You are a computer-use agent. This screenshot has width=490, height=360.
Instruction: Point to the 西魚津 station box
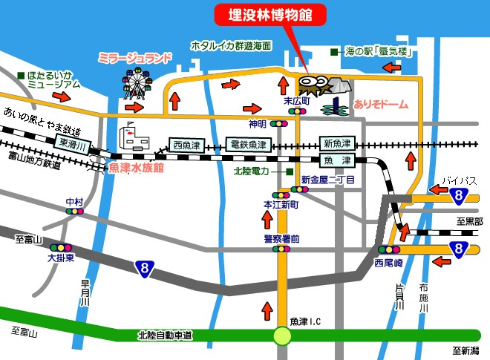click(x=187, y=144)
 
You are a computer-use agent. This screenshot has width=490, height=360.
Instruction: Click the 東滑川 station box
click(x=73, y=145)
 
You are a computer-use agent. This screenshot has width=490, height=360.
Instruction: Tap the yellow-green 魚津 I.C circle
click(x=282, y=336)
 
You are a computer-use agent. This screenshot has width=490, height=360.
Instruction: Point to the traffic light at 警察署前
click(x=282, y=249)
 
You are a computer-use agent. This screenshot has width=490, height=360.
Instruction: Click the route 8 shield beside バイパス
click(x=461, y=195)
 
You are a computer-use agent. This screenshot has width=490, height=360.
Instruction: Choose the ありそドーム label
click(x=382, y=105)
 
